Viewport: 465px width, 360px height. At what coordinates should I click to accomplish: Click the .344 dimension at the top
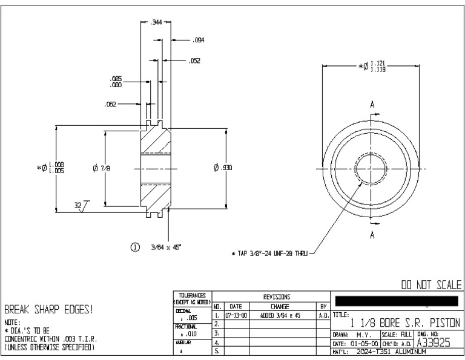click(x=156, y=22)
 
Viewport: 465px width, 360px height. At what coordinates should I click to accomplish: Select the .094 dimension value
click(x=198, y=41)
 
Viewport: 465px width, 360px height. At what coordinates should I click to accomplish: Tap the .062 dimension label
click(x=110, y=103)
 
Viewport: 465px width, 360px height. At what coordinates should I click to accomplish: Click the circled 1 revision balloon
click(x=136, y=247)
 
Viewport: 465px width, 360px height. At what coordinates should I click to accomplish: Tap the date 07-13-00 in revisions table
click(x=235, y=316)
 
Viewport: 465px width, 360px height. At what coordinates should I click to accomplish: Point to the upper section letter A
click(x=372, y=103)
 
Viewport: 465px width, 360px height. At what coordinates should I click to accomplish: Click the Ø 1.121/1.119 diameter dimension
click(x=369, y=66)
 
